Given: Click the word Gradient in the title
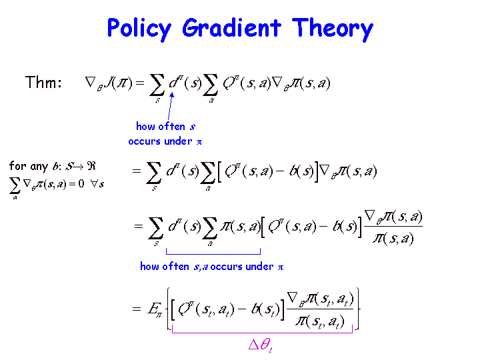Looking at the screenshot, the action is (231, 28).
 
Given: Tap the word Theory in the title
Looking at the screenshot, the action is (333, 29).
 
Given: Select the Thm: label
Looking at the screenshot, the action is (43, 82).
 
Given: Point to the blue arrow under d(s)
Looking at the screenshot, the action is (170, 106).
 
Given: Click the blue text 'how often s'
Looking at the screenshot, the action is (165, 127).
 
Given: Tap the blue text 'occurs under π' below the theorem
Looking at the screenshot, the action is (165, 141).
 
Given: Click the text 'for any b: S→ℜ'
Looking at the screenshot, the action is (53, 166).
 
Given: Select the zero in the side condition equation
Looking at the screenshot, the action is (81, 183).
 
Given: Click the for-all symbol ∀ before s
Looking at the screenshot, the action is (94, 183).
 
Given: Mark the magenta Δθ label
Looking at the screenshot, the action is (261, 345).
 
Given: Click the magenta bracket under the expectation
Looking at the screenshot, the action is (263, 332).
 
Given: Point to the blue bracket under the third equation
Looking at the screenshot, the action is (213, 254).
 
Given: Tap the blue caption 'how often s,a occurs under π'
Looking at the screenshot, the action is (212, 266).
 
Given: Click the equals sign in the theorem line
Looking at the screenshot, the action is (139, 83).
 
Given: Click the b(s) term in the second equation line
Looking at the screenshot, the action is (301, 171).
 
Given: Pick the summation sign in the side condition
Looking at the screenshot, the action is (15, 186).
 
